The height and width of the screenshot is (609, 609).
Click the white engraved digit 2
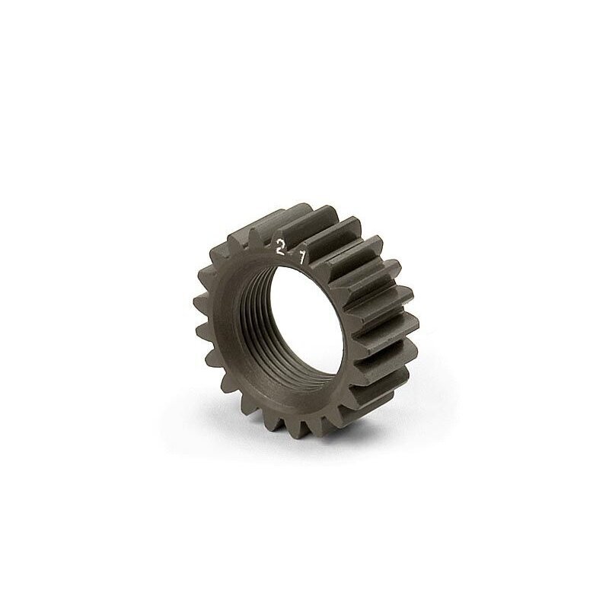click(x=279, y=247)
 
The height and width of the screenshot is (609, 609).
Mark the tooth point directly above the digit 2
click(x=279, y=233)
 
